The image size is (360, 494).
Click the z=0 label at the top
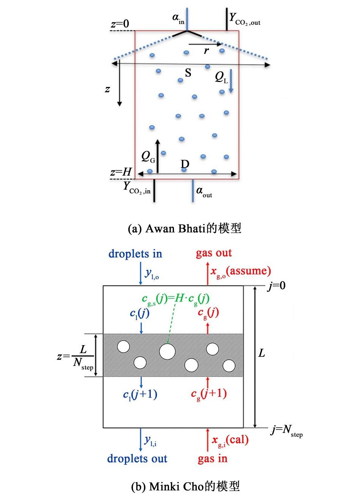click(120, 24)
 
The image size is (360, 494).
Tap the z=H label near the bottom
click(121, 172)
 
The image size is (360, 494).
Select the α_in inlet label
click(178, 18)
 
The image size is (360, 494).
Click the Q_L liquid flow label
click(222, 77)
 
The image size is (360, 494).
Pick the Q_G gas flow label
click(148, 156)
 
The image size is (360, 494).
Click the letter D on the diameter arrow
click(185, 164)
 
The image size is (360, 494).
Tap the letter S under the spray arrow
click(188, 73)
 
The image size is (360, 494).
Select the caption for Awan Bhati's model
click(185, 229)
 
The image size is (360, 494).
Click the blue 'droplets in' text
click(135, 254)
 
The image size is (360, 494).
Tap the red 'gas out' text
click(214, 253)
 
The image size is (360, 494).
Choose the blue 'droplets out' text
click(137, 459)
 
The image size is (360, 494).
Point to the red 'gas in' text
click(212, 459)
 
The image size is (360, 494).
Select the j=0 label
click(276, 286)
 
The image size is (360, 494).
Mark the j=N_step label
click(286, 431)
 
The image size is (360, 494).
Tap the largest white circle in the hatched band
click(167, 351)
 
